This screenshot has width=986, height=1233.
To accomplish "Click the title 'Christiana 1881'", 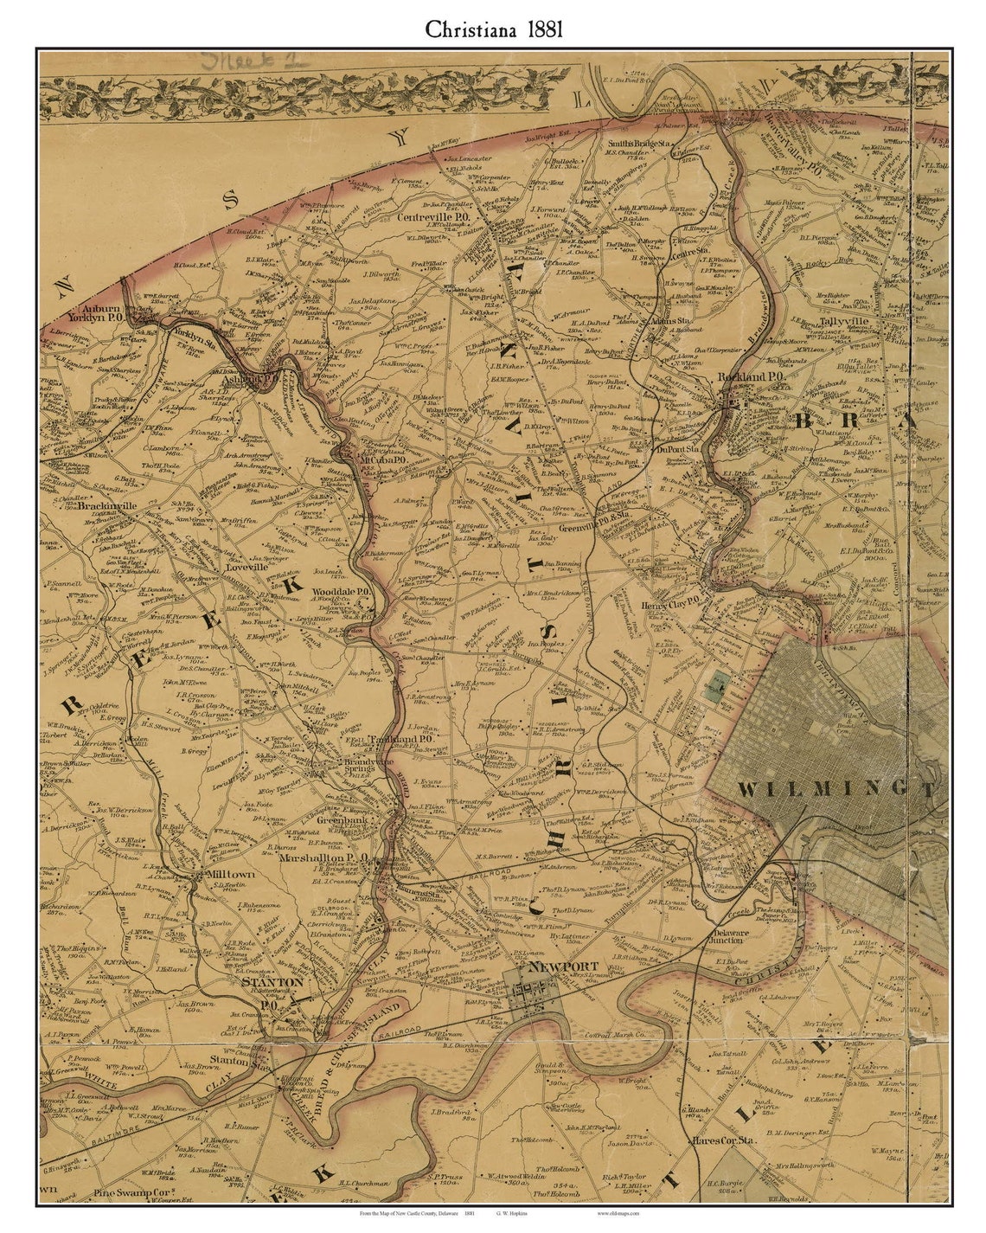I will (x=493, y=29).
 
